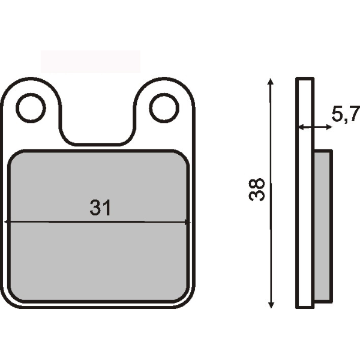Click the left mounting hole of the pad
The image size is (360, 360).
click(31, 108)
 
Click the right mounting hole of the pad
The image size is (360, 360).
click(164, 108)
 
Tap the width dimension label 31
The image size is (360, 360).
click(100, 208)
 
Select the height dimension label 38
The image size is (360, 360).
click(257, 190)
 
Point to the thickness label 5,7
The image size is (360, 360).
click(344, 113)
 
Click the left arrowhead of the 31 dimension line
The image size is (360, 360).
click(7, 222)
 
